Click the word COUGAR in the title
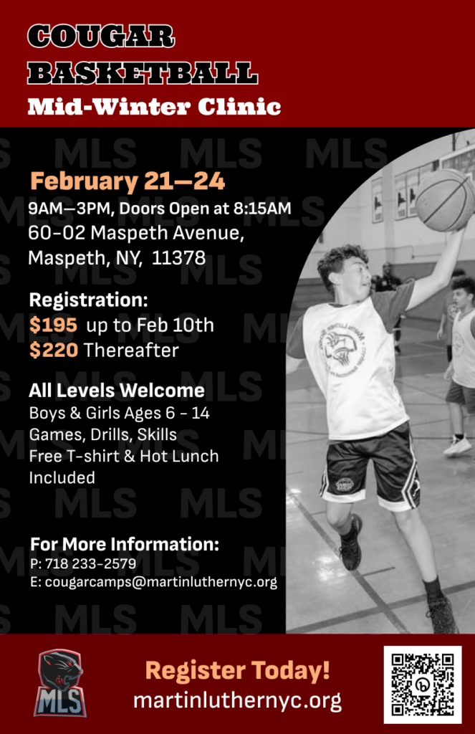coord(101,36)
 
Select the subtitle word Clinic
coord(239,107)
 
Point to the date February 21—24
coord(128,181)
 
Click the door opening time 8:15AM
coord(262,209)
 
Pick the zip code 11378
coord(179,258)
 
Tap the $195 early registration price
coord(53,325)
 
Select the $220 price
coord(53,350)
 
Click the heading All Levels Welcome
coord(117,391)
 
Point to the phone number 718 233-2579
coord(91,563)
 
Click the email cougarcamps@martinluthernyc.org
coord(161,582)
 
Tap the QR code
coord(423,685)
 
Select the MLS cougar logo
coord(60,683)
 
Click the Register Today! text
coord(237,670)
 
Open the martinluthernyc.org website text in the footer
coord(237,700)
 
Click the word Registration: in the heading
coord(88,300)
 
